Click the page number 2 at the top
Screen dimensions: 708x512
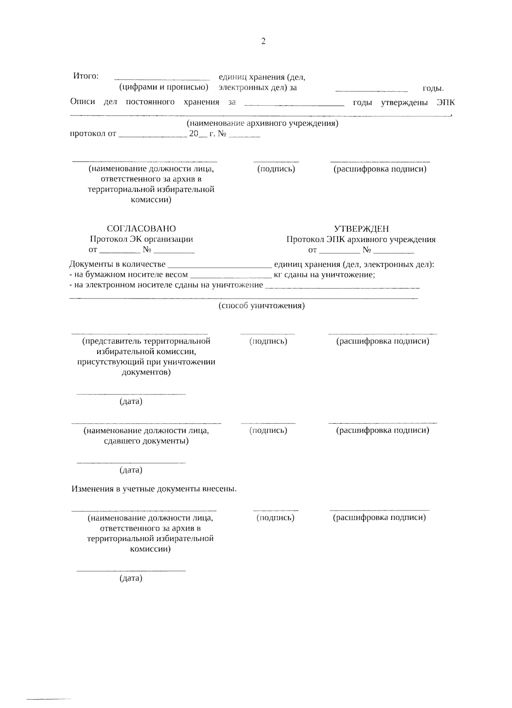coord(263,41)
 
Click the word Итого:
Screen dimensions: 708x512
coord(86,76)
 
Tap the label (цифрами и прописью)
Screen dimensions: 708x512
coord(163,87)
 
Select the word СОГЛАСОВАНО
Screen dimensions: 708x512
coord(141,229)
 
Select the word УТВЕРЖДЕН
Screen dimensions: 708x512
coord(361,229)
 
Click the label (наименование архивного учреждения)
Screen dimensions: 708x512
coord(262,123)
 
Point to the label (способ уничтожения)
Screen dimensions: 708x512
coord(262,306)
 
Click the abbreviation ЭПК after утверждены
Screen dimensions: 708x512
coord(446,102)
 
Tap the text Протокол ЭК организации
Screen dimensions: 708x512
coord(141,239)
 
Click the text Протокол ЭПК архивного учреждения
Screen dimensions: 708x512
coord(361,239)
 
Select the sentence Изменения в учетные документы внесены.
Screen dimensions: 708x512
coord(154,489)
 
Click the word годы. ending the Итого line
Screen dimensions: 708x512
coord(433,89)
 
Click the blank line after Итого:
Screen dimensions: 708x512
coord(162,78)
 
